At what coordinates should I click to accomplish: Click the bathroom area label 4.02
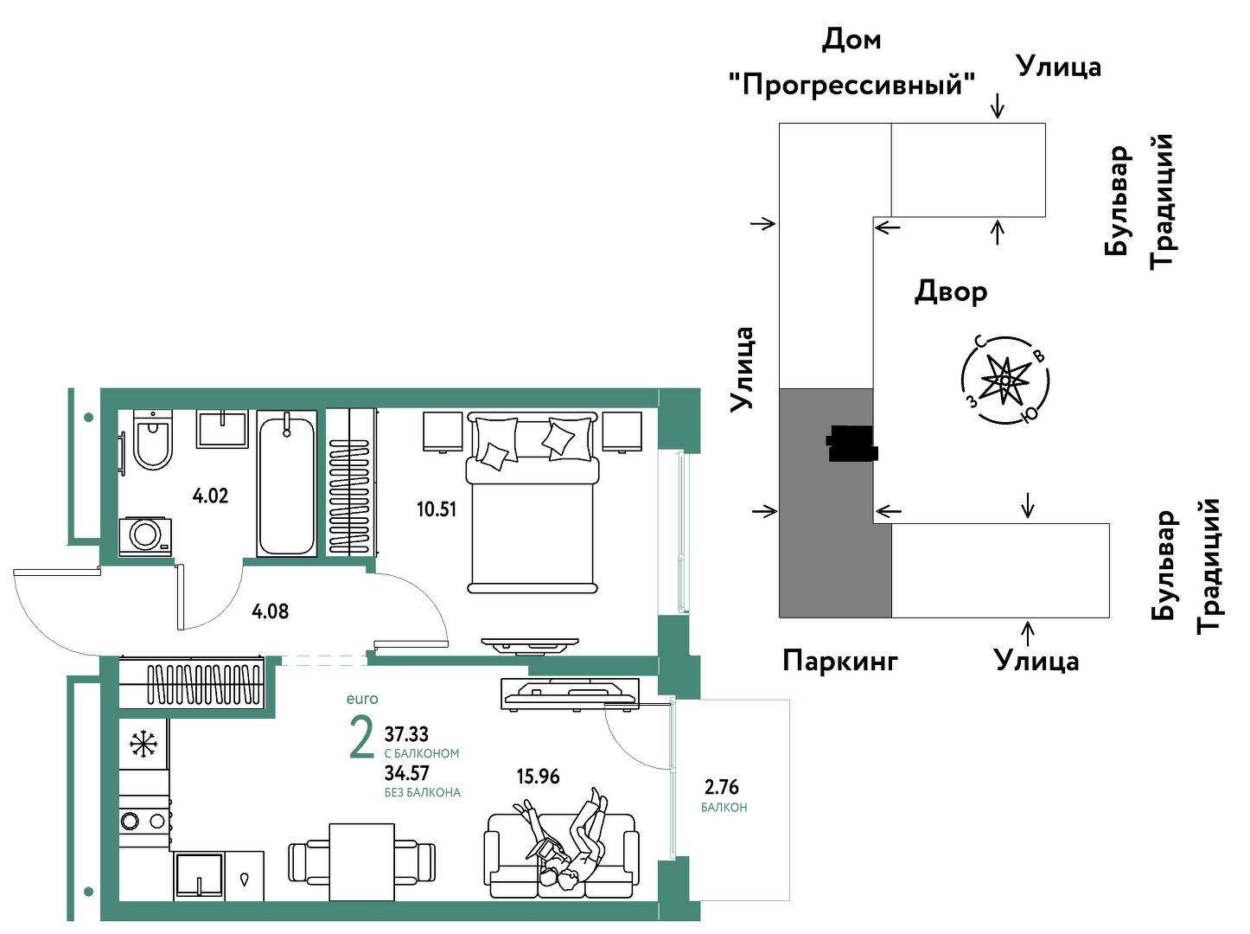pos(210,496)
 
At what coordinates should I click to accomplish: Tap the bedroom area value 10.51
pos(437,509)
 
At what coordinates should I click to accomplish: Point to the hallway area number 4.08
pos(270,611)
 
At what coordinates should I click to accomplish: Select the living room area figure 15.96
pos(538,777)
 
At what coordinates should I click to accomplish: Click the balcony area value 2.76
pos(722,787)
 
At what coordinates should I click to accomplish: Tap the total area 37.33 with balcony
pos(406,733)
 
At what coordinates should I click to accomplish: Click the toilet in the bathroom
pos(153,439)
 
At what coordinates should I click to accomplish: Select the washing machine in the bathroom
pos(145,536)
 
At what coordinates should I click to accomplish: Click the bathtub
pos(286,483)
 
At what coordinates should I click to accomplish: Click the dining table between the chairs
pos(361,861)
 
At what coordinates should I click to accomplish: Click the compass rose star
pos(1005,380)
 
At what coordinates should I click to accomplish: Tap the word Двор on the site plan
pos(950,291)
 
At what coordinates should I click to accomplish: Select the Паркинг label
pos(840,662)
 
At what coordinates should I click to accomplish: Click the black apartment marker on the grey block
pos(851,443)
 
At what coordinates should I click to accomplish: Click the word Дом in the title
pos(851,40)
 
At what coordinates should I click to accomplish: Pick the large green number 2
pos(361,738)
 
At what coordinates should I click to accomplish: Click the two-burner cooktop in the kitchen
pos(144,821)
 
